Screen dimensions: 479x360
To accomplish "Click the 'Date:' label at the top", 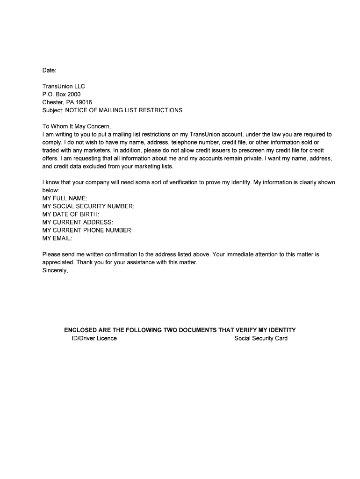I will pos(49,70).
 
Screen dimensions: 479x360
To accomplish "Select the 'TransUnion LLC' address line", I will pos(64,86).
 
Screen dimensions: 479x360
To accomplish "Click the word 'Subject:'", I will pos(53,110).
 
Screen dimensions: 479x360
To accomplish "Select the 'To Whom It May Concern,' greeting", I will pos(77,126).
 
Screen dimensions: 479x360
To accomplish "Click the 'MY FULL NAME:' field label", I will pos(65,198).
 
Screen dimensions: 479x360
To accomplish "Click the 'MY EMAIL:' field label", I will pos(57,238).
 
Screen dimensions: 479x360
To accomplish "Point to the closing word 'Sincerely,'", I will pos(55,270).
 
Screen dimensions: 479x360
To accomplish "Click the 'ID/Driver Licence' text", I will pos(91,338).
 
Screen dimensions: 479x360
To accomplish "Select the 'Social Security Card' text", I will pos(261,338).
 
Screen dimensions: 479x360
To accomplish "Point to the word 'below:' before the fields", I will pos(51,190).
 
